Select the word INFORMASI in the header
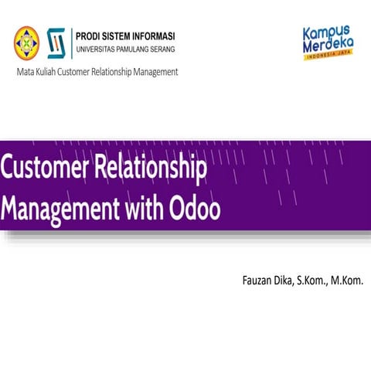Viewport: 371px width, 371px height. pyautogui.click(x=150, y=36)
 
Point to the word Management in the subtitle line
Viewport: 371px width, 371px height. pyautogui.click(x=151, y=72)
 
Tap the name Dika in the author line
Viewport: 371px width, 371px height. pyautogui.click(x=291, y=277)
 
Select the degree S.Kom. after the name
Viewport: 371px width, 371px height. pyautogui.click(x=321, y=277)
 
